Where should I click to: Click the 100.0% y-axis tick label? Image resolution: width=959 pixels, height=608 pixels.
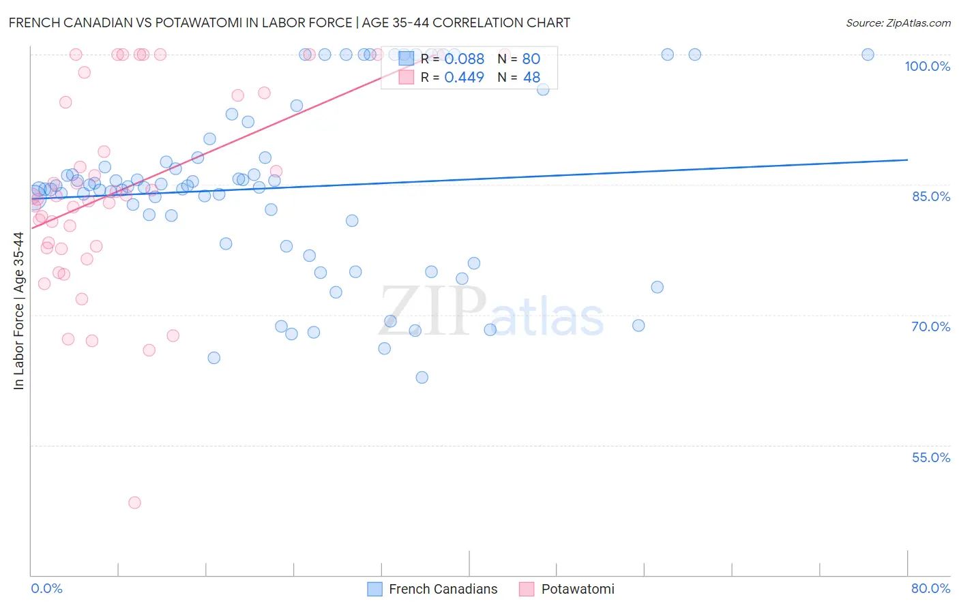[927, 66]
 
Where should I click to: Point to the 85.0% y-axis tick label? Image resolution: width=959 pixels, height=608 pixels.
[931, 196]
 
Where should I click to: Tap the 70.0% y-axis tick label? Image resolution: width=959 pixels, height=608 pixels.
[931, 326]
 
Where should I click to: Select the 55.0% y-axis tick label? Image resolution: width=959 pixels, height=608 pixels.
[931, 457]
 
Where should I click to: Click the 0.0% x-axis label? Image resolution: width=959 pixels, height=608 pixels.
[46, 588]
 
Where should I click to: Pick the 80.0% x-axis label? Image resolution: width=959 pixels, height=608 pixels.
[930, 588]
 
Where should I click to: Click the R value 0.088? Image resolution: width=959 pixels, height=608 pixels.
[464, 59]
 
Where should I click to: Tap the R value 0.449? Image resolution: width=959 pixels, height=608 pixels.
[464, 78]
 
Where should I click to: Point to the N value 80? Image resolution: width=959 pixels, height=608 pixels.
[531, 59]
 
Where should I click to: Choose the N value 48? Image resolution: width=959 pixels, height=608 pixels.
[531, 78]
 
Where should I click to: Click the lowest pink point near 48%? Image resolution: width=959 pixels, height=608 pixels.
[134, 503]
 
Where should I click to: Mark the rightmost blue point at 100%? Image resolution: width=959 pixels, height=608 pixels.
[868, 55]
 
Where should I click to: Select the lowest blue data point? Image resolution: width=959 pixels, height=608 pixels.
[422, 378]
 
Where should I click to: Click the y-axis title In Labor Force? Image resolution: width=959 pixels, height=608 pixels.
[18, 311]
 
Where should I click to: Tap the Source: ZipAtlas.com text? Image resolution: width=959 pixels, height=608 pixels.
[898, 23]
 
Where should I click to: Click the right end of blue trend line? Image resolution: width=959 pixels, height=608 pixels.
[907, 159]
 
